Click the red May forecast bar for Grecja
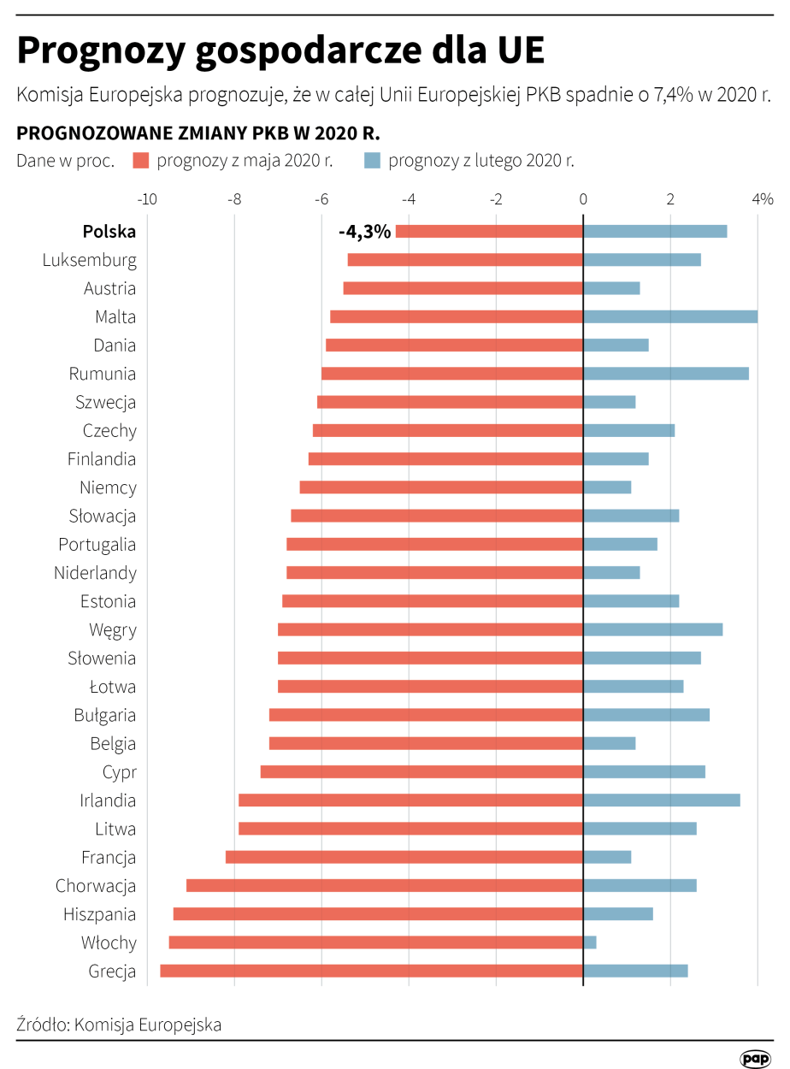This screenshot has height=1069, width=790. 371,971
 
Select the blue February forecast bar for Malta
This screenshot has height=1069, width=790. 670,316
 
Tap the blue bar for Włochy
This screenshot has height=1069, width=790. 590,942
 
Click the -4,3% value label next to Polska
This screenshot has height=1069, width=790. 364,232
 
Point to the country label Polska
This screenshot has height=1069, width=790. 109,232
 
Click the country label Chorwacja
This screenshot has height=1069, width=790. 96,886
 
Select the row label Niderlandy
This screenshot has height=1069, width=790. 95,573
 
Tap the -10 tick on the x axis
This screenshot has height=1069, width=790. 147,199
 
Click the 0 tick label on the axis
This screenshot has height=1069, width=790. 583,199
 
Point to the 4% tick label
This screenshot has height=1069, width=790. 762,199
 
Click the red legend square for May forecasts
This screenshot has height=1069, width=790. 141,161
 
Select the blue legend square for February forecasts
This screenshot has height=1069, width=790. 372,161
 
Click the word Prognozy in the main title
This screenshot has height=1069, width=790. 100,51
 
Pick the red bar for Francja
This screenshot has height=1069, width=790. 404,857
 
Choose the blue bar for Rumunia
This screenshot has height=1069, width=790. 666,374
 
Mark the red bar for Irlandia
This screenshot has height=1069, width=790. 410,800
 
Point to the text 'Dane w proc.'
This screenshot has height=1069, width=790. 65,161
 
